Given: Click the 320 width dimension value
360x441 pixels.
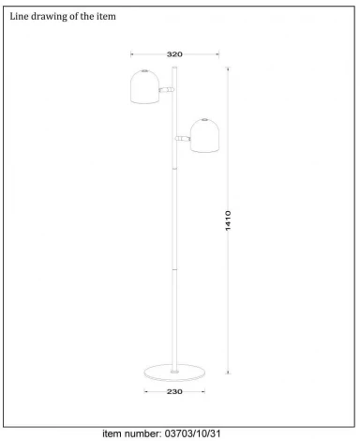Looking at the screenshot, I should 173,54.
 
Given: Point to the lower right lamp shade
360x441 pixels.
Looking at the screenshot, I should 204,136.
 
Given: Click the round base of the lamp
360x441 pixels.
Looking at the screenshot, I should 174,373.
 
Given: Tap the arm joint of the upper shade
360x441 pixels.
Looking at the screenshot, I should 168,89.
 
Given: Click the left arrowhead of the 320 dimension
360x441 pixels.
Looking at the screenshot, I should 132,54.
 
